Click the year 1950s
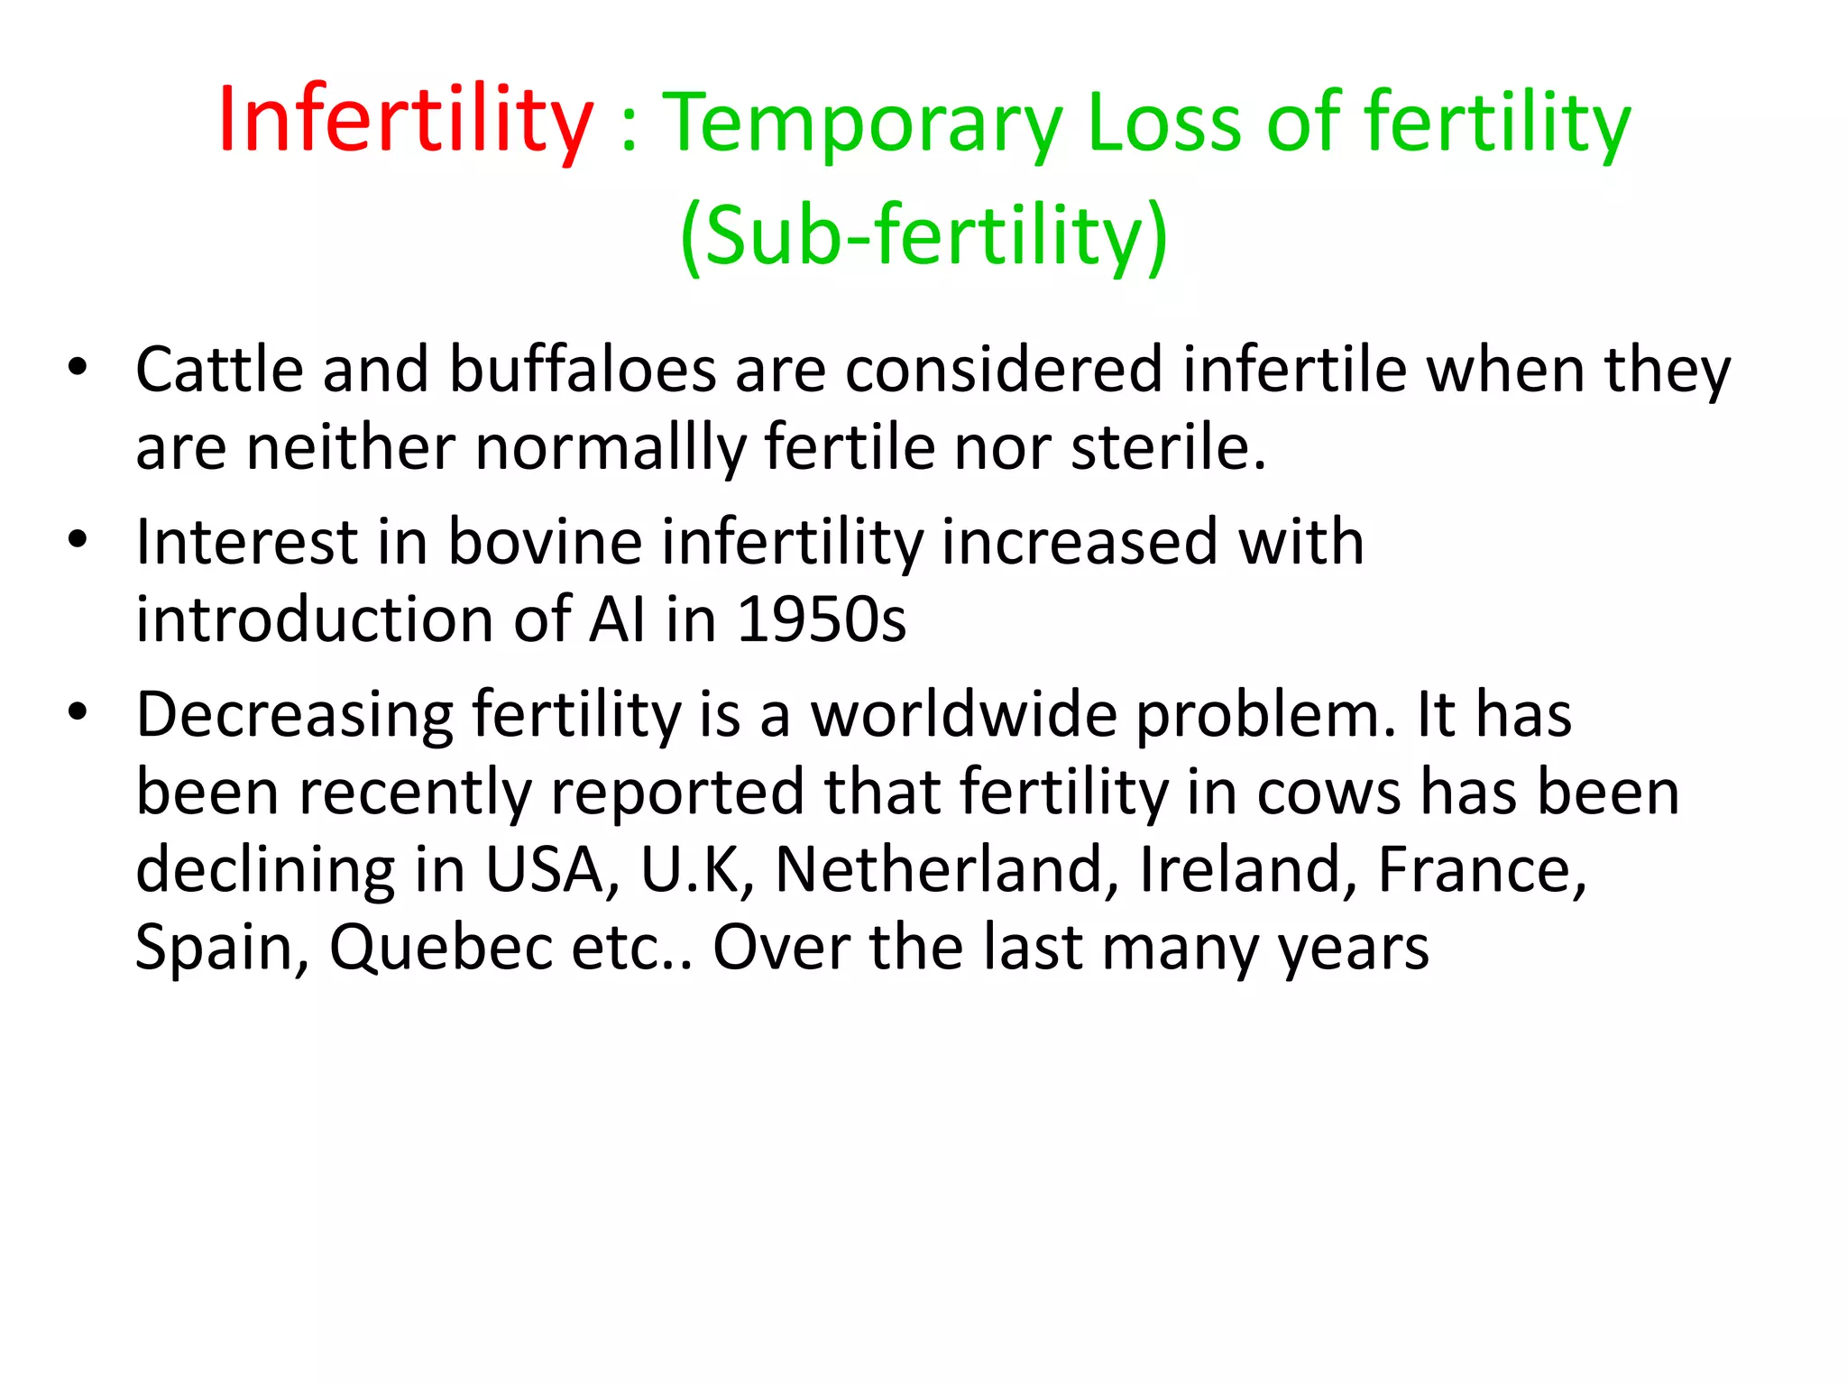click(821, 619)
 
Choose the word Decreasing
click(295, 716)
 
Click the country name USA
click(552, 870)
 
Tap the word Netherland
click(947, 870)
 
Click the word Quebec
click(441, 948)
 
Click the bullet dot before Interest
click(78, 539)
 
